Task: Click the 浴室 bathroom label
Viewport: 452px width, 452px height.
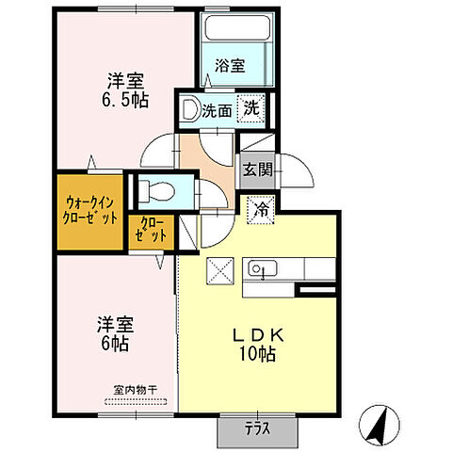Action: point(230,66)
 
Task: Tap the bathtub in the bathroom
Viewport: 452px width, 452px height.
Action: point(235,36)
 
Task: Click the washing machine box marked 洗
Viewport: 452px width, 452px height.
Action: point(251,108)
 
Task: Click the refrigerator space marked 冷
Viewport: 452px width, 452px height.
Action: point(262,209)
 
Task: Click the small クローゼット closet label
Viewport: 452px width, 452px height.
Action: point(151,231)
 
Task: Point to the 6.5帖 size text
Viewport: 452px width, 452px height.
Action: point(126,97)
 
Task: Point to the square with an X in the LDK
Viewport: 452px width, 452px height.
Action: point(221,269)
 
